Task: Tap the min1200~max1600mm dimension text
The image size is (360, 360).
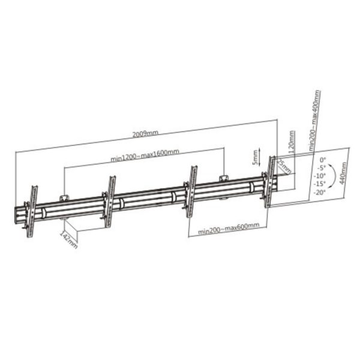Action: [145, 158]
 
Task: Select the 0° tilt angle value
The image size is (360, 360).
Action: [322, 160]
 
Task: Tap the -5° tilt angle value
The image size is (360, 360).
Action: [320, 168]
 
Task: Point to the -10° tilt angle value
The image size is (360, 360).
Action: [319, 176]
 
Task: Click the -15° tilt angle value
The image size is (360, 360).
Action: [319, 184]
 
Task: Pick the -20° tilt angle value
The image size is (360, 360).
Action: [319, 192]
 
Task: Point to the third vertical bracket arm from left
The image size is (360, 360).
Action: [193, 185]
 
